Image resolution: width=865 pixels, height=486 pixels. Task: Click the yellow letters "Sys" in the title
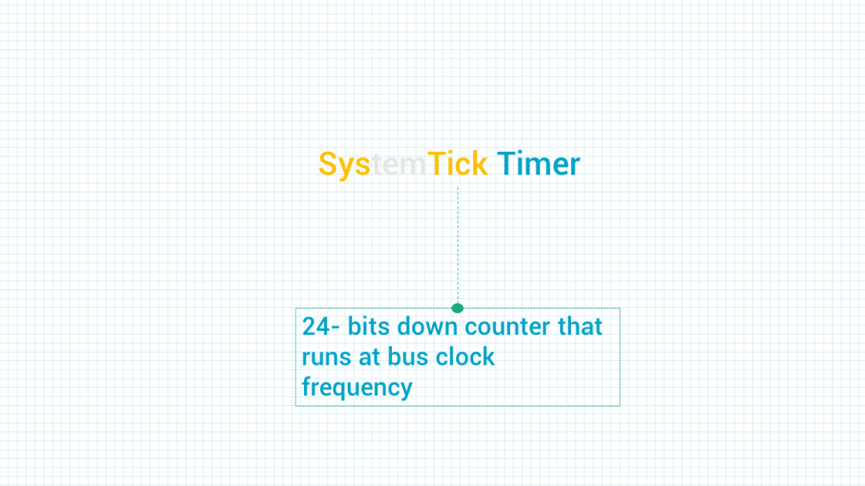345,165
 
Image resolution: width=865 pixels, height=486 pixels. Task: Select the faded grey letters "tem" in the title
399,165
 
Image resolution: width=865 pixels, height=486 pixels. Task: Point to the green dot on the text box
457,308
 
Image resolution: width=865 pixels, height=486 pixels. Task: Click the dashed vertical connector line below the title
458,246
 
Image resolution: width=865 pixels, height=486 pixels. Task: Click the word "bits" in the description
368,326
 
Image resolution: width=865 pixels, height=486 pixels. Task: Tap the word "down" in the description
427,326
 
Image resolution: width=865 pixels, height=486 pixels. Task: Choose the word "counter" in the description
508,327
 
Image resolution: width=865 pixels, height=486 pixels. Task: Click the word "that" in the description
579,326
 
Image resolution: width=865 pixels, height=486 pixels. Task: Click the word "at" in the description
370,357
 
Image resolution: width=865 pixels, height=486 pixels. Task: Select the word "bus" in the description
408,356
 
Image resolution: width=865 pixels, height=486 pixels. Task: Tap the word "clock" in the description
465,356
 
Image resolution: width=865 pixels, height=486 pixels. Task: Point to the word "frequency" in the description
357,387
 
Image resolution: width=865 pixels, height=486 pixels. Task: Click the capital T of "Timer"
507,164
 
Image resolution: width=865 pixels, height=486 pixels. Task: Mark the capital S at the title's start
328,164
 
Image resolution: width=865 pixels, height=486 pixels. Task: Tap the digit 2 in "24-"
308,327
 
